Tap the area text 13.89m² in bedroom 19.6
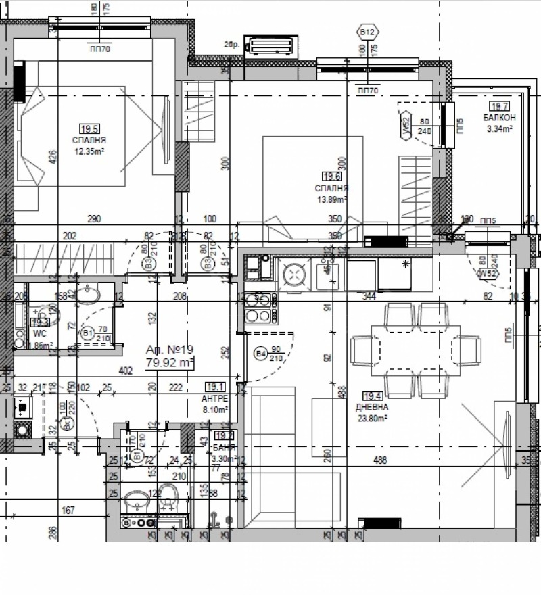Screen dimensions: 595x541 [x=331, y=199]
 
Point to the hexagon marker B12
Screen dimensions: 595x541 [x=368, y=32]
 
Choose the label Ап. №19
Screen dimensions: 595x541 [x=170, y=350]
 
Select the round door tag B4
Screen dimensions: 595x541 [x=260, y=353]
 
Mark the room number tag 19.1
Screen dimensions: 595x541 [x=216, y=387]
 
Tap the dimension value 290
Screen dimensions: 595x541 [x=93, y=219]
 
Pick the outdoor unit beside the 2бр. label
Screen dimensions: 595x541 [x=270, y=46]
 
